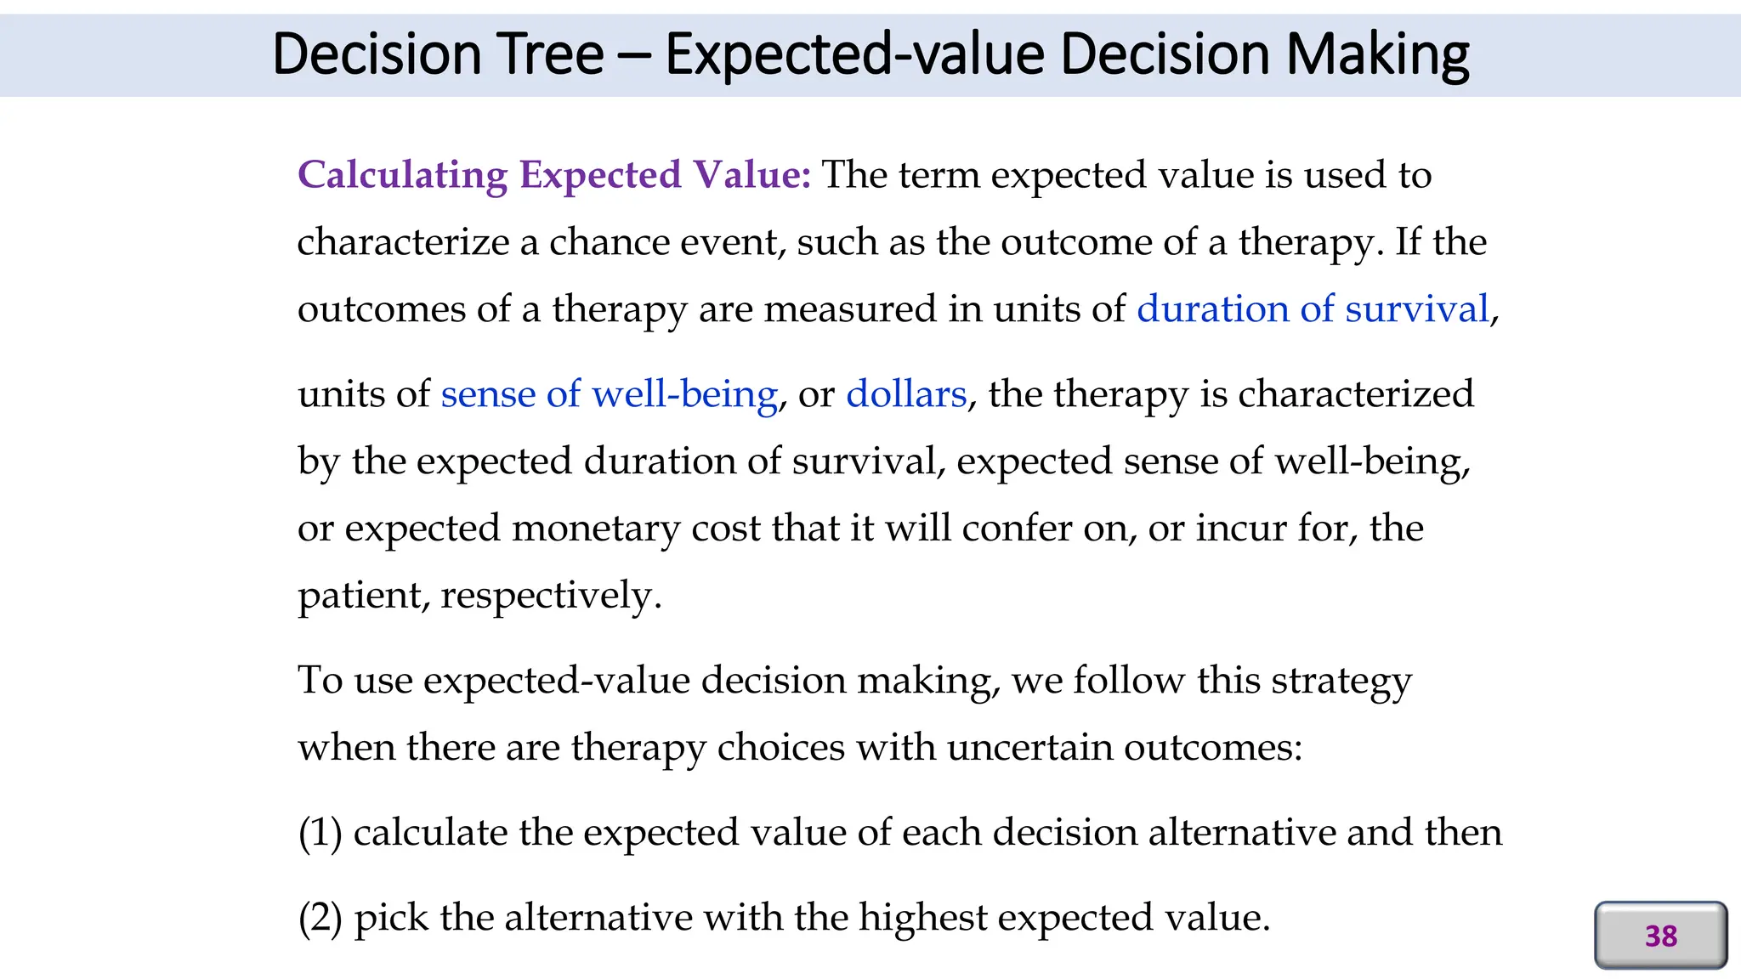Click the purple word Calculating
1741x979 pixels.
pos(402,175)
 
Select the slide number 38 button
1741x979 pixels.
pos(1660,936)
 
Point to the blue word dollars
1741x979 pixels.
pos(906,394)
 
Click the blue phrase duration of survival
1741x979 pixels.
pos(1313,308)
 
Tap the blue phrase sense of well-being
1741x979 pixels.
pos(609,394)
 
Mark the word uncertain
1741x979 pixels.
pos(1029,748)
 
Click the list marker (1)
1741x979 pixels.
pos(320,833)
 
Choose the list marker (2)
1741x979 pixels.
pos(320,918)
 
